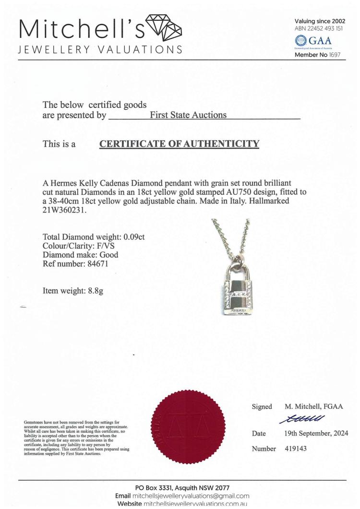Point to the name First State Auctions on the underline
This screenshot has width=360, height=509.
189,115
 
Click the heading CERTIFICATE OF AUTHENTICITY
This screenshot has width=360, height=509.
179,143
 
